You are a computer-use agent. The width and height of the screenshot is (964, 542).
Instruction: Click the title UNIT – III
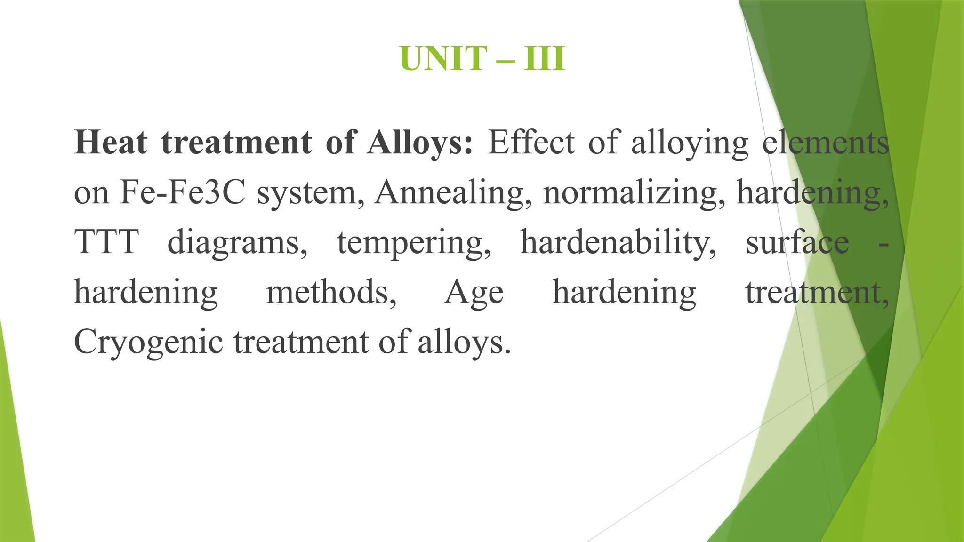482,58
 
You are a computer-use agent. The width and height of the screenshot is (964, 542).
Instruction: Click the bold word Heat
111,142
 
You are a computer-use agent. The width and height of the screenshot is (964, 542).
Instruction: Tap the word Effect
531,142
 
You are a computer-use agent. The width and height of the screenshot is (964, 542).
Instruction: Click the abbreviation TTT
106,242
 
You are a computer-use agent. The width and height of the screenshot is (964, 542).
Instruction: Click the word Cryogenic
148,343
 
